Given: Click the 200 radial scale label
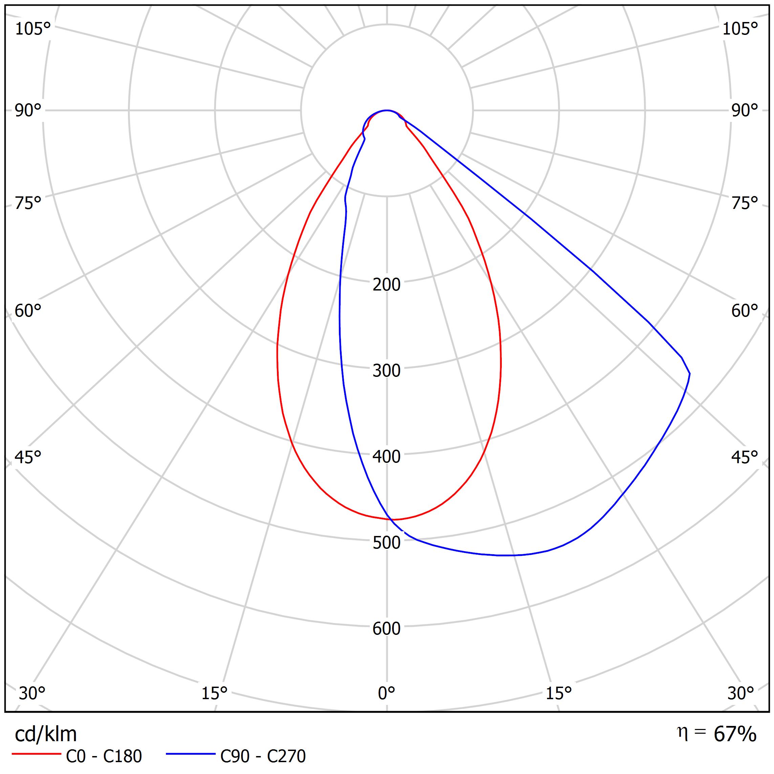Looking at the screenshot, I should pos(386,284).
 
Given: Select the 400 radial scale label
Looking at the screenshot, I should pos(386,457).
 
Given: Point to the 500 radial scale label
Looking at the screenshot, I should pos(386,543).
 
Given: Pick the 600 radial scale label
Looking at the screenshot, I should pos(386,628).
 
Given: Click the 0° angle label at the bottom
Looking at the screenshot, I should pos(386,693).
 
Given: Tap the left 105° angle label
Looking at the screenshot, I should pos(33,29).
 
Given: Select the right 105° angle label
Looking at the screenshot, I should pos(740,29).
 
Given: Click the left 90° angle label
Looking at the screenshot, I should pos(28,111).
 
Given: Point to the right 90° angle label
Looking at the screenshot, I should pos(745,111).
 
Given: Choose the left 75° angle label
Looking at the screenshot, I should pos(28,203).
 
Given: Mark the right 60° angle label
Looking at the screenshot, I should pos(745,311).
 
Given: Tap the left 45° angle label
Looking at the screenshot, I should pos(28,457).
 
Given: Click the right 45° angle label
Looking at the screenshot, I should pos(745,457).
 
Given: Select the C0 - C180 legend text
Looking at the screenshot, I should pos(104,756).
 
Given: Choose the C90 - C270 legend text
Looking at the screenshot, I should pos(263,756).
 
